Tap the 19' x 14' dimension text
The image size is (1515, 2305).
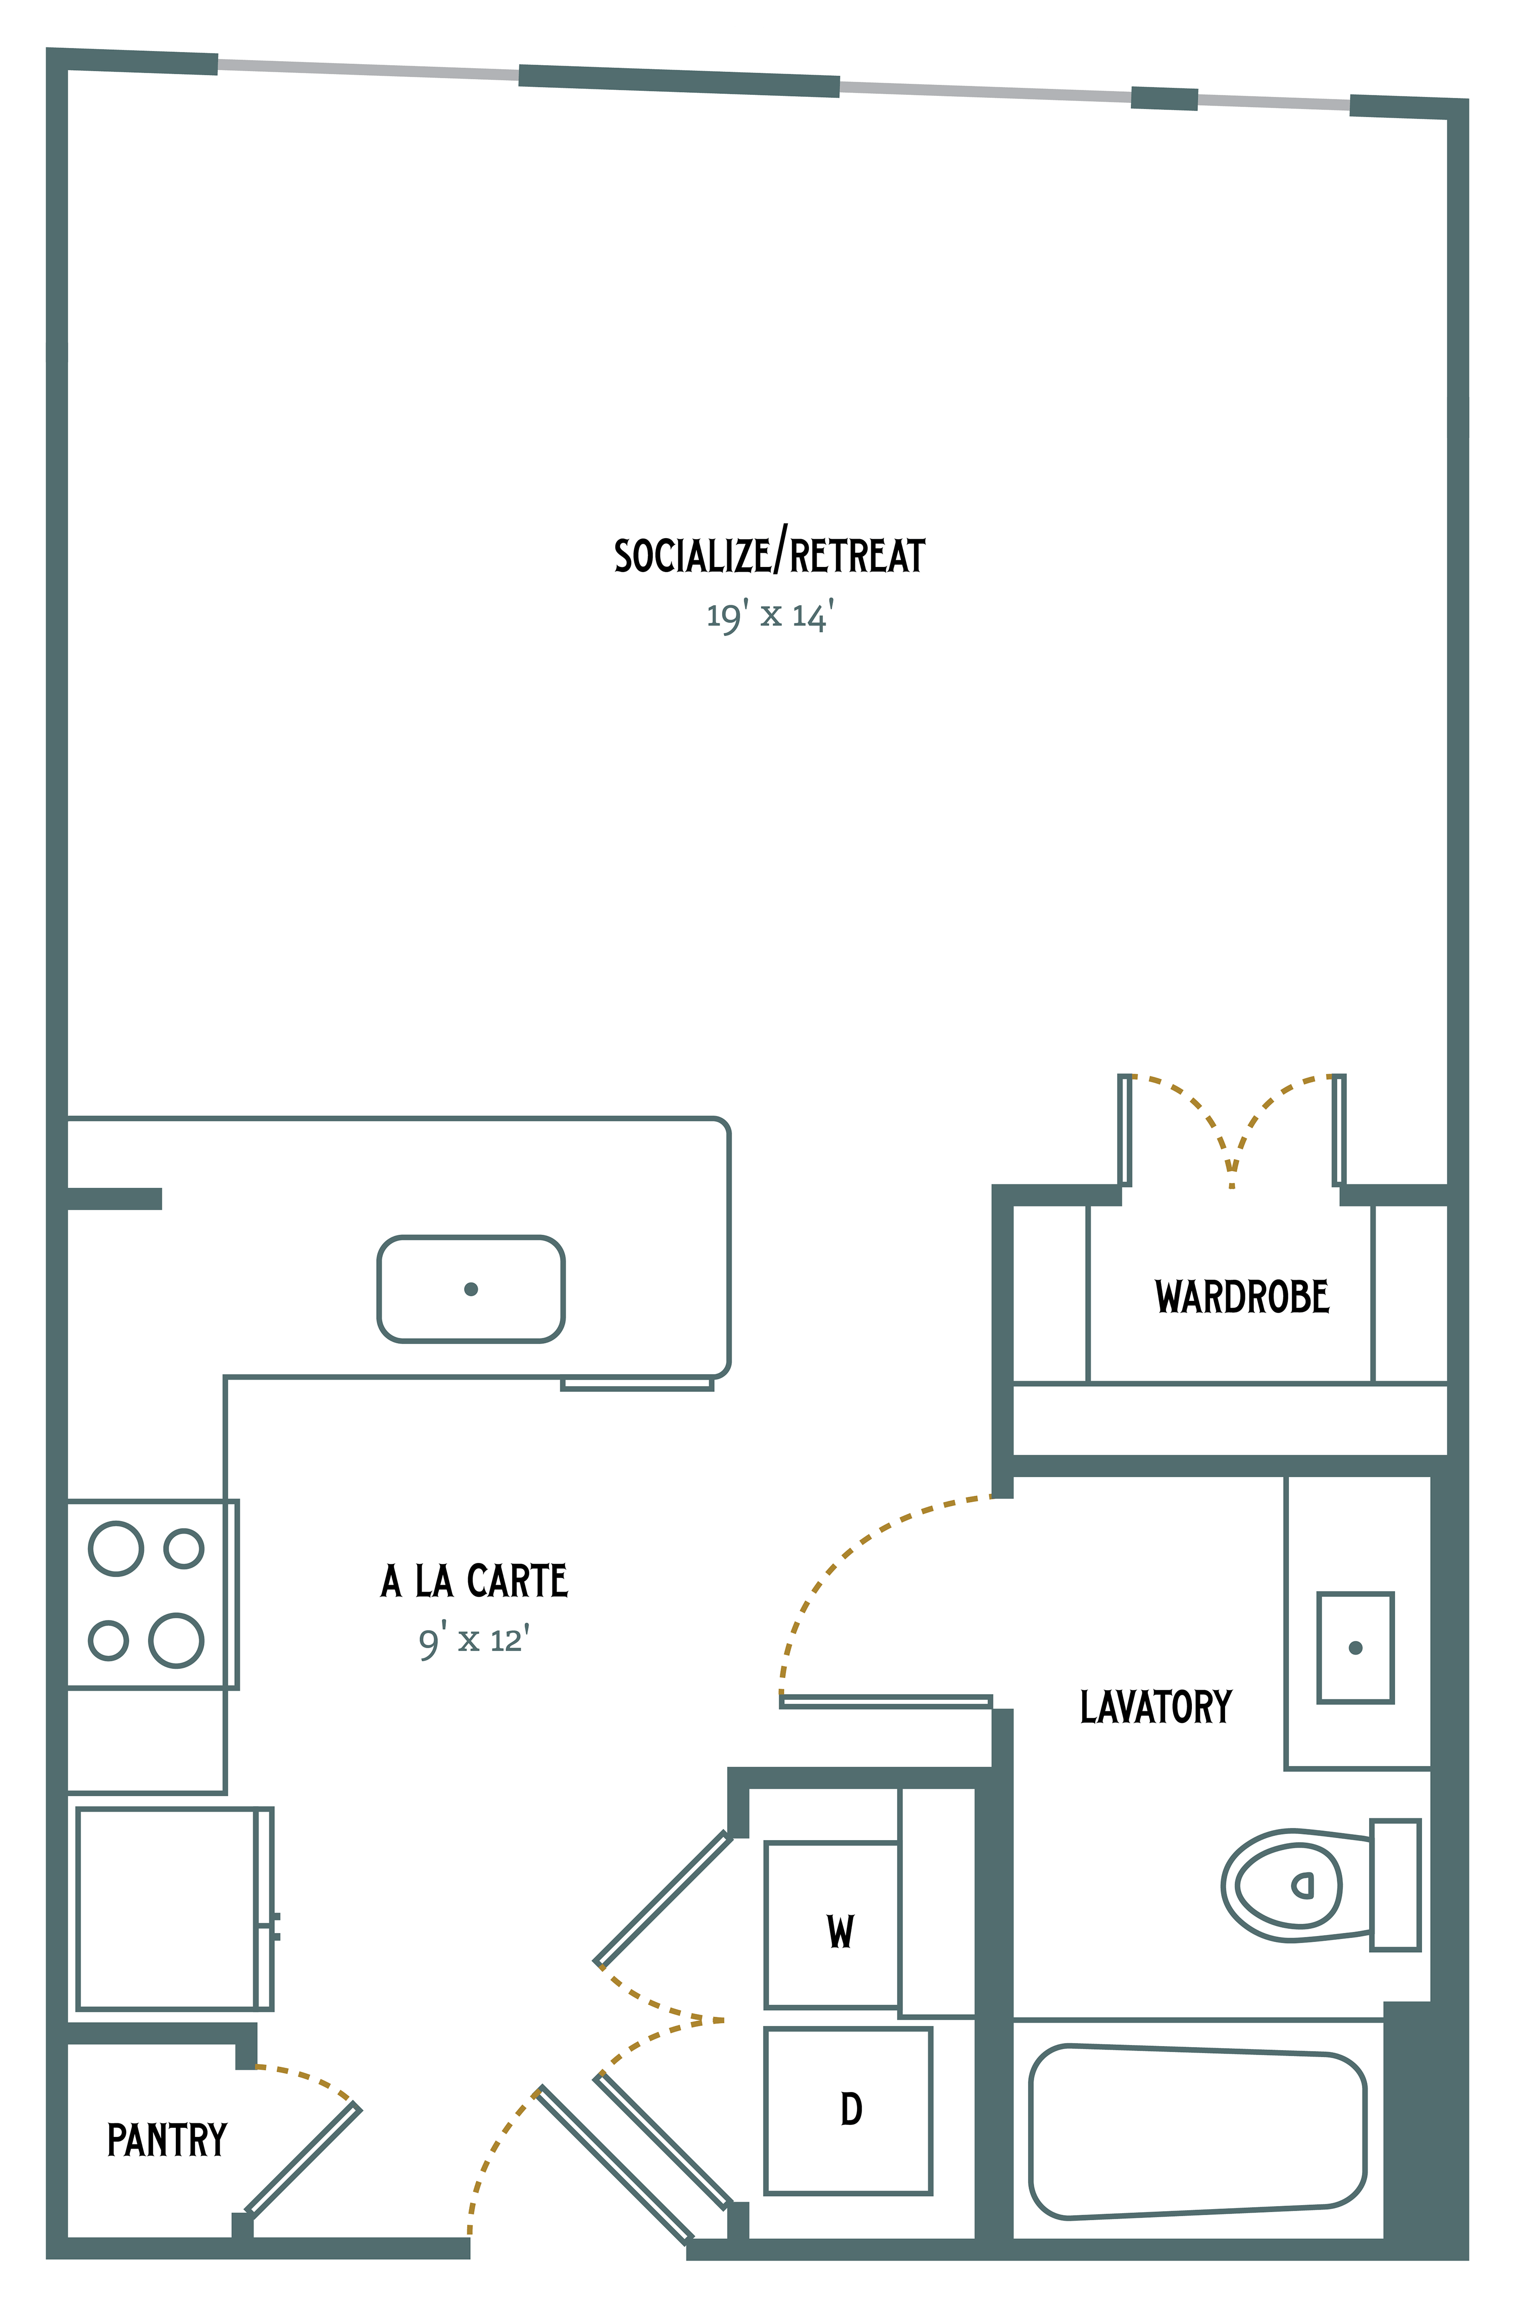click(x=770, y=616)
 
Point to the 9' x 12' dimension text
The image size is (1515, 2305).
click(x=474, y=1641)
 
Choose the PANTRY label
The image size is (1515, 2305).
click(x=167, y=2140)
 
